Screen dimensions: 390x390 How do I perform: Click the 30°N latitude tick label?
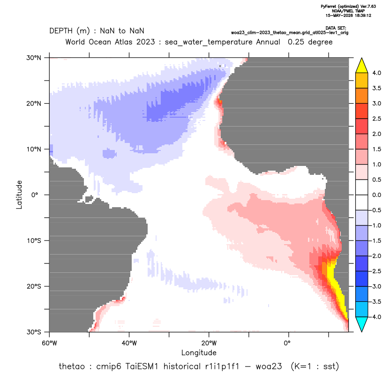point(34,58)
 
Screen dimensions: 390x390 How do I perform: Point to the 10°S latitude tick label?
point(34,241)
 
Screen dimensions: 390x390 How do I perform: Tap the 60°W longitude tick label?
point(50,343)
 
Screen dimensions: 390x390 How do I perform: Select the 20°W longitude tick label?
point(209,343)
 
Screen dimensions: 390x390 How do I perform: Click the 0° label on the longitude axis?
point(287,343)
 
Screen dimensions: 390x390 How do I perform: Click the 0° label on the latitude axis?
point(35,195)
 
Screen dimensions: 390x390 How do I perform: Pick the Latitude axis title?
point(19,195)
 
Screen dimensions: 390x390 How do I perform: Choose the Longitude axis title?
point(199,352)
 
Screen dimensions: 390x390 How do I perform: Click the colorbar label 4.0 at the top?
point(376,73)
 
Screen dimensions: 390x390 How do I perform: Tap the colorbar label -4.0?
point(375,317)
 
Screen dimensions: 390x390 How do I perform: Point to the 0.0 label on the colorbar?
point(376,195)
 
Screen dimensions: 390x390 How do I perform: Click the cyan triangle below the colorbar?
point(362,323)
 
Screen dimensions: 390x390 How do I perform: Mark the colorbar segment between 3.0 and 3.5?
point(362,96)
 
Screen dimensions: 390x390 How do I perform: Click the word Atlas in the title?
point(123,42)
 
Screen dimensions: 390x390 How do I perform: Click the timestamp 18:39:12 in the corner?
point(362,15)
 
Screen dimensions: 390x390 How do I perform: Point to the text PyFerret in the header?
point(329,7)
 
